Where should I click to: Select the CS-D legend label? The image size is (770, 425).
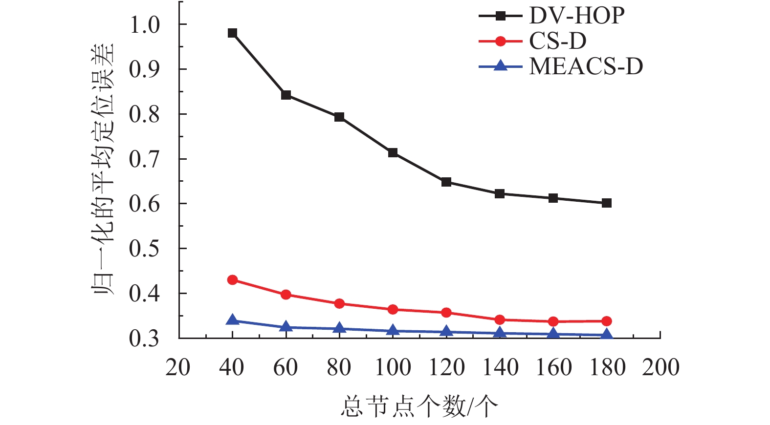click(558, 42)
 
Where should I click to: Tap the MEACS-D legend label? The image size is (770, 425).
click(586, 66)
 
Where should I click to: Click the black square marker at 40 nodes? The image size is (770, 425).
click(233, 33)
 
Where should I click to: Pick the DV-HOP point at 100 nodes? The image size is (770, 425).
click(393, 153)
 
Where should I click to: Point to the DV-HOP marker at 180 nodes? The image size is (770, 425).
click(607, 203)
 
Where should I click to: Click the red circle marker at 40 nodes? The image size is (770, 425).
click(233, 280)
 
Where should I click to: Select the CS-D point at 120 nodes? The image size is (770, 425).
click(446, 313)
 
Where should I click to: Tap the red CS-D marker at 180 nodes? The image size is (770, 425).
click(607, 321)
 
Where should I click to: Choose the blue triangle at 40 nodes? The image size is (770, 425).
click(233, 320)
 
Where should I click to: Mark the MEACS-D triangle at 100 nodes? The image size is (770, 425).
click(393, 331)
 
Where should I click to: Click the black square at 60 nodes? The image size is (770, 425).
click(286, 95)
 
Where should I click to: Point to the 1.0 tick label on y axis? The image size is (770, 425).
click(145, 24)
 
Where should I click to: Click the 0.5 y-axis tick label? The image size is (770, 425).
click(145, 249)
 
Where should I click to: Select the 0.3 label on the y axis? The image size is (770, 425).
click(145, 338)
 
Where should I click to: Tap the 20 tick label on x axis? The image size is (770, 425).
click(178, 367)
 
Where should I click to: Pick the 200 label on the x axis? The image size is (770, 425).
click(660, 367)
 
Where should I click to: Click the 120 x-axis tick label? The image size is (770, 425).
click(446, 367)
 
